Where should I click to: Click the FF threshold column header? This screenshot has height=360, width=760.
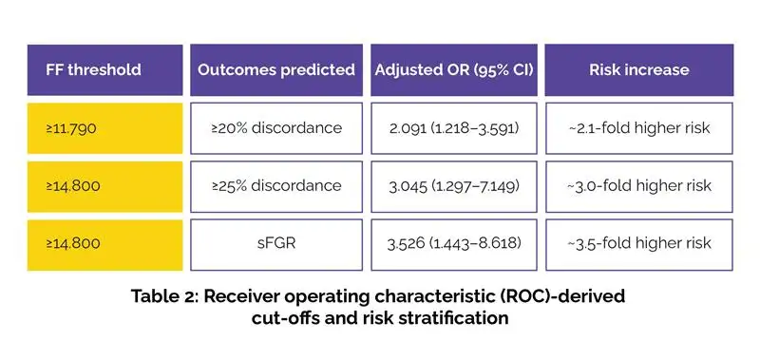[104, 69]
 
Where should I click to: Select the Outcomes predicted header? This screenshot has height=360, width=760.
[276, 69]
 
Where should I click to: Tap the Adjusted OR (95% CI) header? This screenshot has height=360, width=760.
[454, 69]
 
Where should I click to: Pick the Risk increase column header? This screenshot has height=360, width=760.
[638, 69]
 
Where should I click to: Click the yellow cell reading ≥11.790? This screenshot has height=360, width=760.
[104, 128]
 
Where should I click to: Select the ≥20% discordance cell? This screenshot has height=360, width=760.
[276, 128]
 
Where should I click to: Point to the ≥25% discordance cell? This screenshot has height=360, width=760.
[276, 186]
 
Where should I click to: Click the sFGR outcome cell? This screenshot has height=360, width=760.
[276, 245]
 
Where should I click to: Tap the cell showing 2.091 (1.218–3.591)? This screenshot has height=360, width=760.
[454, 128]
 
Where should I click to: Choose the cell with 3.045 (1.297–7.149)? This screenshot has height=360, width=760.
[454, 186]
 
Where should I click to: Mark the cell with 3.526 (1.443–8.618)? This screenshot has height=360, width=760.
[454, 245]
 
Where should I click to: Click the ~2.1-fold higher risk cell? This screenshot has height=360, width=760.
[638, 128]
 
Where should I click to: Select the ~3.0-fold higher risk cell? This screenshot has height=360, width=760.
[638, 186]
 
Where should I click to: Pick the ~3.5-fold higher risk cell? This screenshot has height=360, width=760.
[638, 245]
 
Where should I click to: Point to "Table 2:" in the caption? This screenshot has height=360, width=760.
[163, 296]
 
